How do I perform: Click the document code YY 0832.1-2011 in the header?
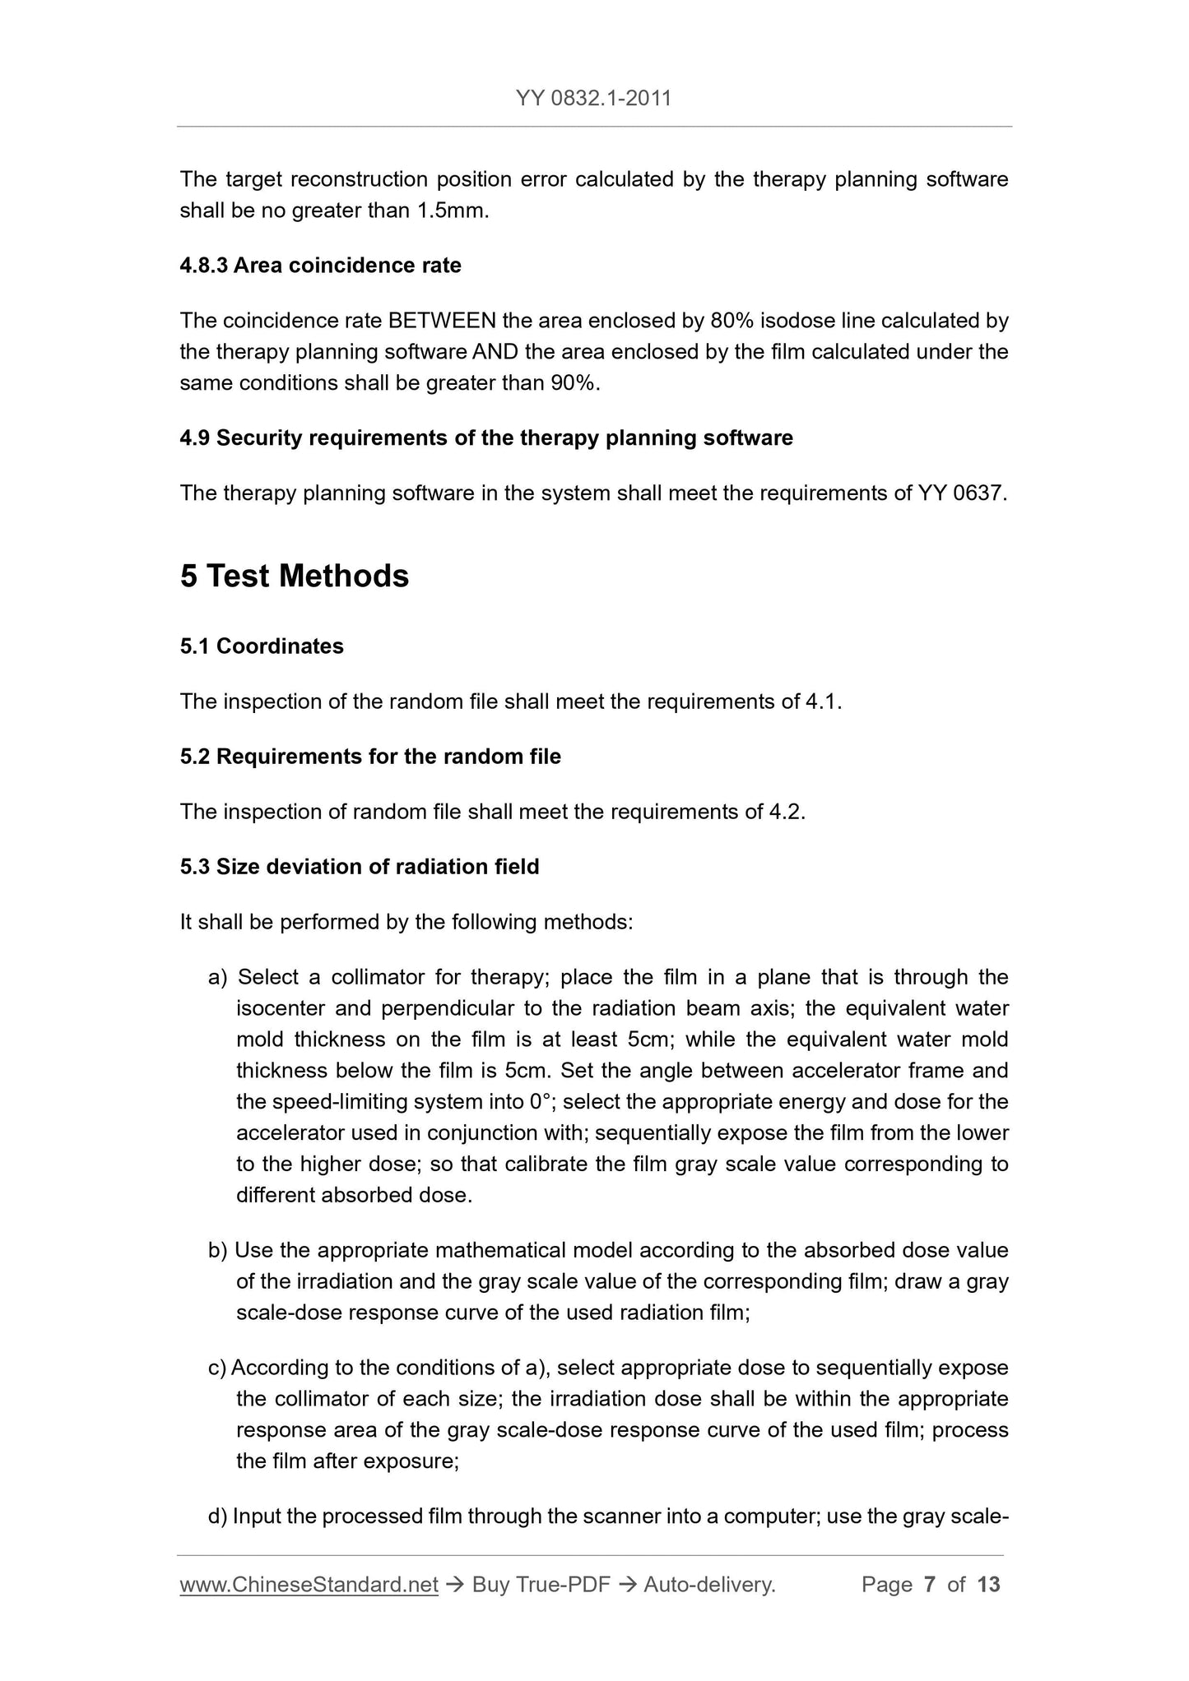[593, 99]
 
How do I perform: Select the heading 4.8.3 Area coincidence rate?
[320, 266]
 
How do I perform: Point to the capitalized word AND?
[495, 352]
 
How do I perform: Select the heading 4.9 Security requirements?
[485, 438]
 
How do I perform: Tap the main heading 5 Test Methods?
[294, 576]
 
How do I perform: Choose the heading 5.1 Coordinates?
[262, 646]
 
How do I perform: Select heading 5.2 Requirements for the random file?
[370, 757]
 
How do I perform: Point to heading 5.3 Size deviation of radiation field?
[360, 867]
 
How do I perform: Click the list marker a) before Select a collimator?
[217, 977]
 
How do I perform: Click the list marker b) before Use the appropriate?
[217, 1251]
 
